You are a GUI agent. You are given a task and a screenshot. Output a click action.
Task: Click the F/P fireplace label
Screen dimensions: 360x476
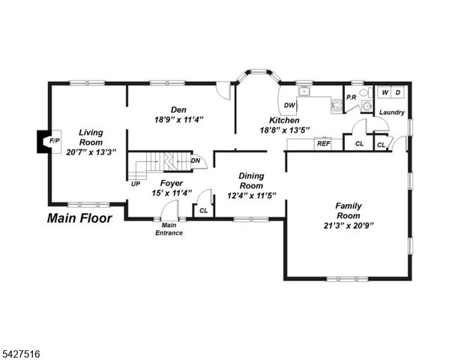click(x=53, y=141)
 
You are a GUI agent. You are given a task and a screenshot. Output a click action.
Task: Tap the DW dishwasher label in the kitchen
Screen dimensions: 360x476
click(x=289, y=105)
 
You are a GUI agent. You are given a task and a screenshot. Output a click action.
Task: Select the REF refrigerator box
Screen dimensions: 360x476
click(x=323, y=142)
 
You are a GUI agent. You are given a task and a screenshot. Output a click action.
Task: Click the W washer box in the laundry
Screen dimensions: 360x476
click(x=385, y=92)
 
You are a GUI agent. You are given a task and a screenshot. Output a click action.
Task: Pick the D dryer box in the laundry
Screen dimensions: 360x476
click(x=399, y=92)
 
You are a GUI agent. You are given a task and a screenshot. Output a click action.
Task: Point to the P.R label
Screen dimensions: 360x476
click(x=350, y=98)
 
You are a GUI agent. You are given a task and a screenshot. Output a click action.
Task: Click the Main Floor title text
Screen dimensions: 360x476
click(x=79, y=219)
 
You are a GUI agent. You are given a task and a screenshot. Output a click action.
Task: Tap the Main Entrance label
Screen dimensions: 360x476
click(x=169, y=229)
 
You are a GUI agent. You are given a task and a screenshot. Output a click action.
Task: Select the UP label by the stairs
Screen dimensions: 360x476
click(x=136, y=184)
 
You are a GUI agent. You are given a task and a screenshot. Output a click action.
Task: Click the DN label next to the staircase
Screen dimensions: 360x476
click(x=196, y=160)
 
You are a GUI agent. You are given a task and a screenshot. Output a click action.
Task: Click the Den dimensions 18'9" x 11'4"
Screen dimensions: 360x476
click(x=179, y=119)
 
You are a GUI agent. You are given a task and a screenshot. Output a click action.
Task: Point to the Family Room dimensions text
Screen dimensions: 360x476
click(x=349, y=225)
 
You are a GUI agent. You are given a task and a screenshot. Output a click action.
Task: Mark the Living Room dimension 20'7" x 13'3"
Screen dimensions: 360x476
click(x=91, y=152)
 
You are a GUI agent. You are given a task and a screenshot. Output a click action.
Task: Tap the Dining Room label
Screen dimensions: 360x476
click(x=251, y=181)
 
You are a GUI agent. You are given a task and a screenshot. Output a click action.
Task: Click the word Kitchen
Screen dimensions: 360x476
click(x=285, y=120)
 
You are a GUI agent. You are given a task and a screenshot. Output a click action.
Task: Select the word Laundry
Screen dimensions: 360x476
click(x=392, y=112)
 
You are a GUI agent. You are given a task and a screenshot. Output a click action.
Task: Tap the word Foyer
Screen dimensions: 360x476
click(x=172, y=182)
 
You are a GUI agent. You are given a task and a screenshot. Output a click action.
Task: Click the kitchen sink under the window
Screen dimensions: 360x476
click(x=304, y=92)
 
